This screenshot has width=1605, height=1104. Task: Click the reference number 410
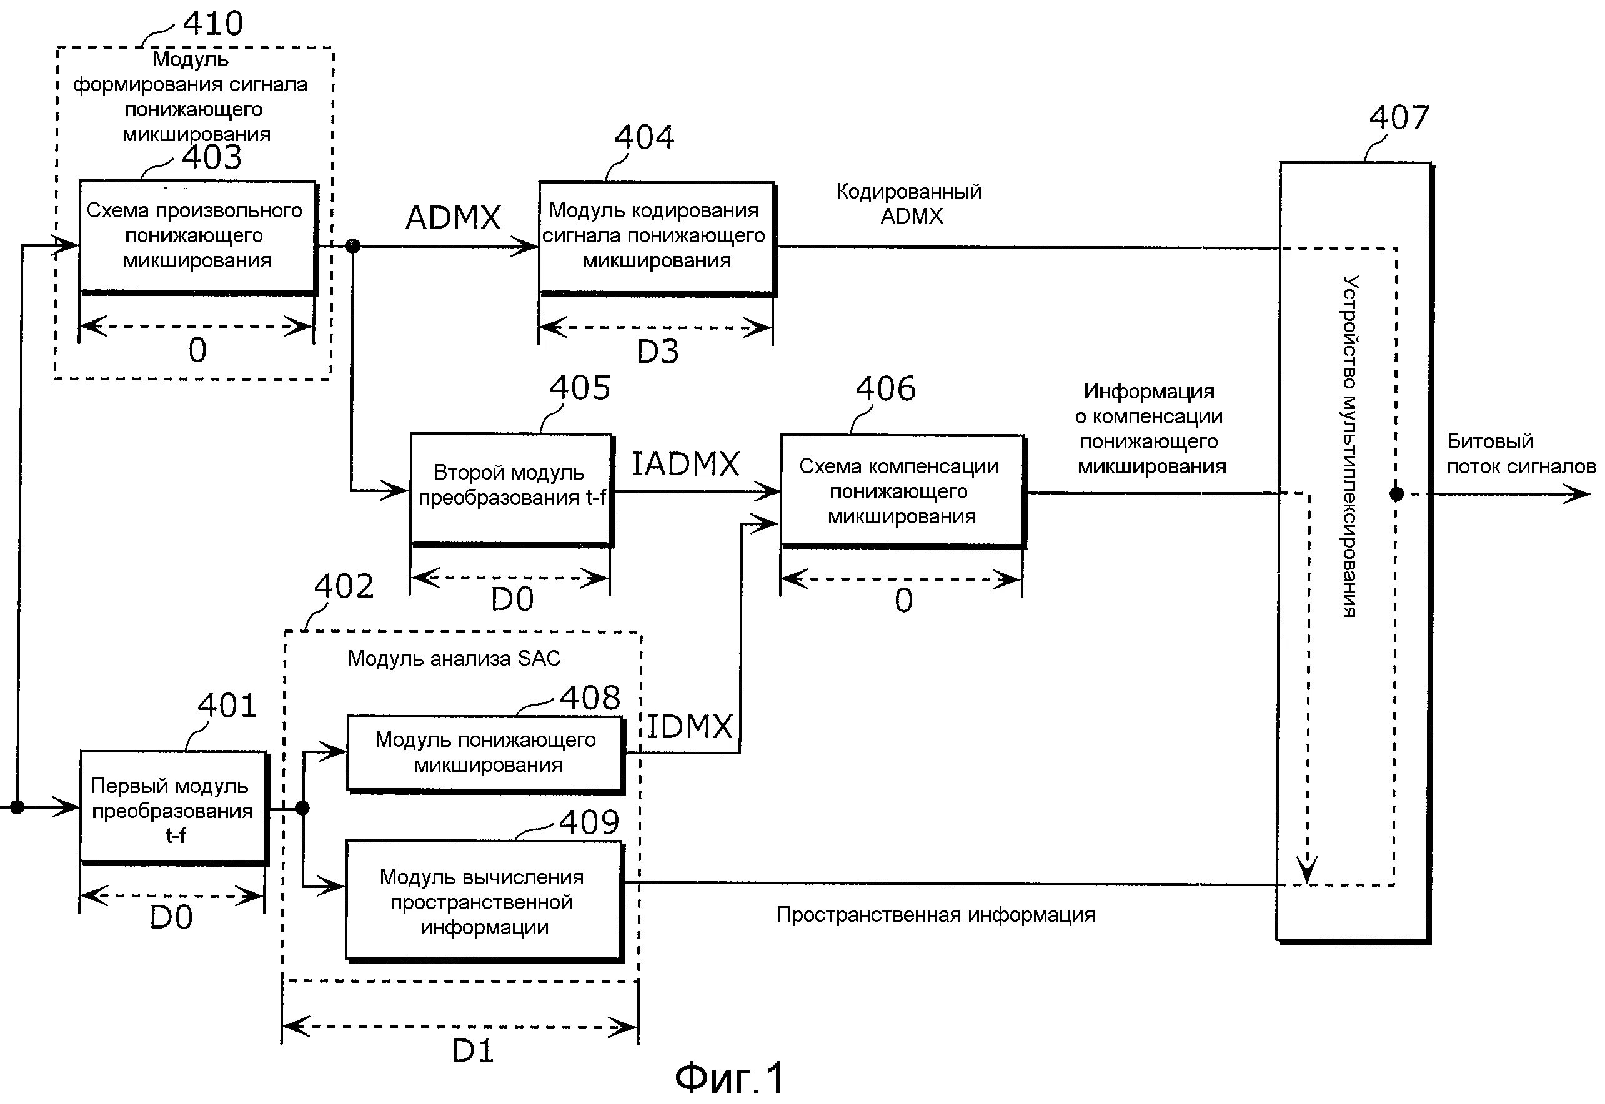pyautogui.click(x=212, y=24)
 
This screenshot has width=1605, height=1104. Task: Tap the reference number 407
pyautogui.click(x=1399, y=117)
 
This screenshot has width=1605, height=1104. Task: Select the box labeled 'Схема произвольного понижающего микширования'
pyautogui.click(x=198, y=237)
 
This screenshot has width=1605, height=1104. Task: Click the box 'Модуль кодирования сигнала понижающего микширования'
pyautogui.click(x=656, y=238)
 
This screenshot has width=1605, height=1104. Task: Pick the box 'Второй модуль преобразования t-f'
pyautogui.click(x=512, y=490)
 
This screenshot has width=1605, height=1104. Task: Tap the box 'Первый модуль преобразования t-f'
pyautogui.click(x=173, y=808)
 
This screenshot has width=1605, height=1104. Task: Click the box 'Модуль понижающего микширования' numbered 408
pyautogui.click(x=486, y=754)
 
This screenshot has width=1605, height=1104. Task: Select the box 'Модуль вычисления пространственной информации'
pyautogui.click(x=484, y=901)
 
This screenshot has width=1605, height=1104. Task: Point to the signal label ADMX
pyautogui.click(x=453, y=218)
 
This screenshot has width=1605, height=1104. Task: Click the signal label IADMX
pyautogui.click(x=685, y=463)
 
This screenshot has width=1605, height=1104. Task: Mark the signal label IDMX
pyautogui.click(x=689, y=726)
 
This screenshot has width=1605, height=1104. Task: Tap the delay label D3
pyautogui.click(x=657, y=352)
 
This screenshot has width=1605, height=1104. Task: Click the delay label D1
pyautogui.click(x=473, y=1051)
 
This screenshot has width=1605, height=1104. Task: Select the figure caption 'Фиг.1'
pyautogui.click(x=730, y=1077)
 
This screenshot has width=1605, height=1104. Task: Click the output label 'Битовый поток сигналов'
pyautogui.click(x=1521, y=454)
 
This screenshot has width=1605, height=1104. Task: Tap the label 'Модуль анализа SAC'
pyautogui.click(x=454, y=658)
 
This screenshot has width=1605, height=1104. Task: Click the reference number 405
pyautogui.click(x=580, y=387)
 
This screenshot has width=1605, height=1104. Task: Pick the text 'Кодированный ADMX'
pyautogui.click(x=909, y=204)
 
